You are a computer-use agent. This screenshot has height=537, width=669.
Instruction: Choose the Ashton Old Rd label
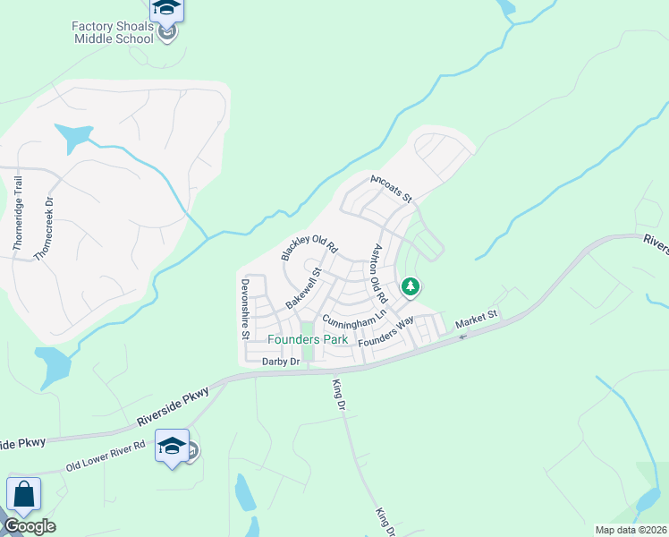(379, 272)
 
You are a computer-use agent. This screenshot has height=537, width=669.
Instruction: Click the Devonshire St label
(244, 309)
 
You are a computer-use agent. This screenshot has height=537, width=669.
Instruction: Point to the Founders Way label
(385, 332)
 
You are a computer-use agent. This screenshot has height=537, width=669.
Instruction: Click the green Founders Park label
(308, 339)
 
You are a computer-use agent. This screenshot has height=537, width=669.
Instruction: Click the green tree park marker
(411, 287)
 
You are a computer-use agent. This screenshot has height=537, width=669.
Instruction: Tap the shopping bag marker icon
(23, 495)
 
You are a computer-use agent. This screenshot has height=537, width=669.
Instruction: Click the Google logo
(30, 526)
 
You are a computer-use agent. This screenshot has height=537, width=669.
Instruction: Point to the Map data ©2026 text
(630, 530)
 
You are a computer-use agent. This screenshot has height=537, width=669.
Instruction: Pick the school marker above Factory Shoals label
(166, 9)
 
